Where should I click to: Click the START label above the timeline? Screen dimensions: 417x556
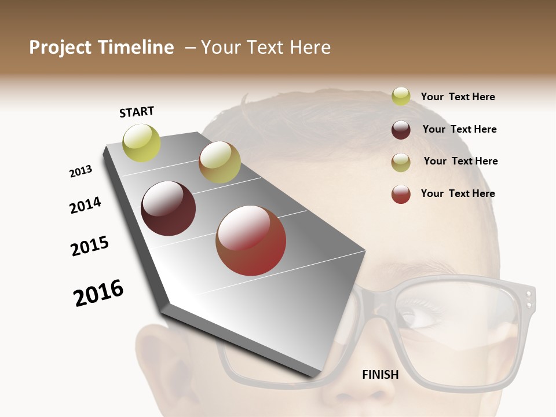(x=137, y=112)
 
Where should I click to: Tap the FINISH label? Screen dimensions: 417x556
(x=380, y=375)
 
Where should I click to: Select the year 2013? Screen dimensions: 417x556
(x=81, y=171)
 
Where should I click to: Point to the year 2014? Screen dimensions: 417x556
(x=85, y=205)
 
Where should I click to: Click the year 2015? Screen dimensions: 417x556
(x=90, y=246)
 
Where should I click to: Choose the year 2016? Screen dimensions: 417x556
(x=98, y=292)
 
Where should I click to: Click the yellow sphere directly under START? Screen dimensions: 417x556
(x=141, y=143)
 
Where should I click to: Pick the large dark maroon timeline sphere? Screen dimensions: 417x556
(x=169, y=209)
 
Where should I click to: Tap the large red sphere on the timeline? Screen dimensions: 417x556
(x=251, y=240)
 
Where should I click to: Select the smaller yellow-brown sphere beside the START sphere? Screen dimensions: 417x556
(x=220, y=162)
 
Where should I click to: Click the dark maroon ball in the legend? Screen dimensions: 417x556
(x=401, y=130)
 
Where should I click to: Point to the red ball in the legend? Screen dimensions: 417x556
(x=401, y=194)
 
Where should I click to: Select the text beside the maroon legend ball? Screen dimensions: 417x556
(x=459, y=129)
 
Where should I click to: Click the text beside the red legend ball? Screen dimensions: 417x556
(x=458, y=193)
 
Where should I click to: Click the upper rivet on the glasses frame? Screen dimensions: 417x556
(x=528, y=294)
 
